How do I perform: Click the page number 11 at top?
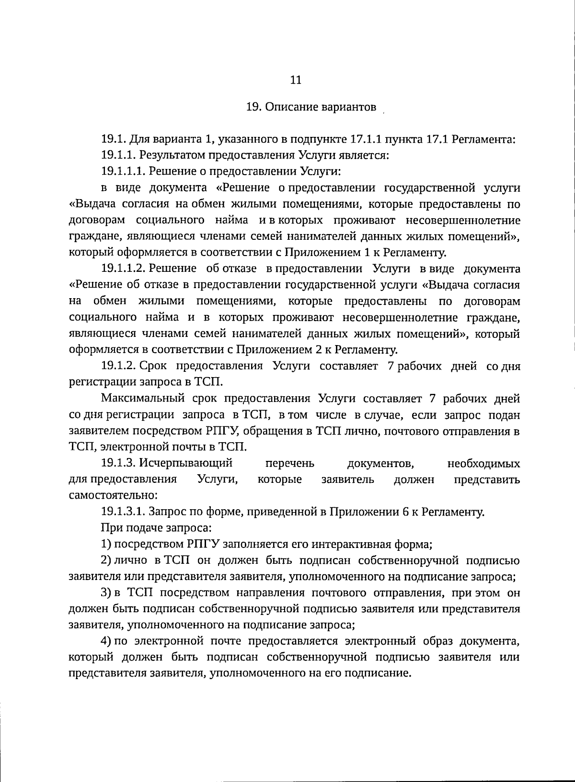pyautogui.click(x=296, y=80)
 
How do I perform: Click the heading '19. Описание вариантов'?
pyautogui.click(x=311, y=107)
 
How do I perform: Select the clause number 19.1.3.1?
pyautogui.click(x=123, y=512)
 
